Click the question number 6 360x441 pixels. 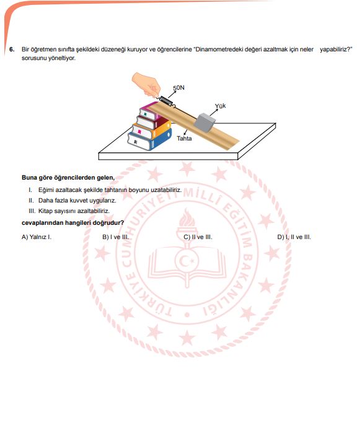12,50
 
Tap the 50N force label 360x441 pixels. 178,88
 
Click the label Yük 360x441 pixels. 220,106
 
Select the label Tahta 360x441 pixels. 184,138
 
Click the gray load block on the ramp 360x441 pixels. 206,123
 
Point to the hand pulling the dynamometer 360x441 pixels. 146,84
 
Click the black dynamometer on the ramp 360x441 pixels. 165,101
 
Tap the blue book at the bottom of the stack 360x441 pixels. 149,139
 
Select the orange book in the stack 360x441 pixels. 152,129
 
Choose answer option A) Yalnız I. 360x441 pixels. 37,237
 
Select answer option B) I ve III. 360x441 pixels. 116,237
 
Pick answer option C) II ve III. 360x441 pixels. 198,237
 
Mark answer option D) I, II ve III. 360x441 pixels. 294,237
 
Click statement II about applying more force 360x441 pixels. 72,201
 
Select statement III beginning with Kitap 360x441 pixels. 69,211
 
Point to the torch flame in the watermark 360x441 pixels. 187,218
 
